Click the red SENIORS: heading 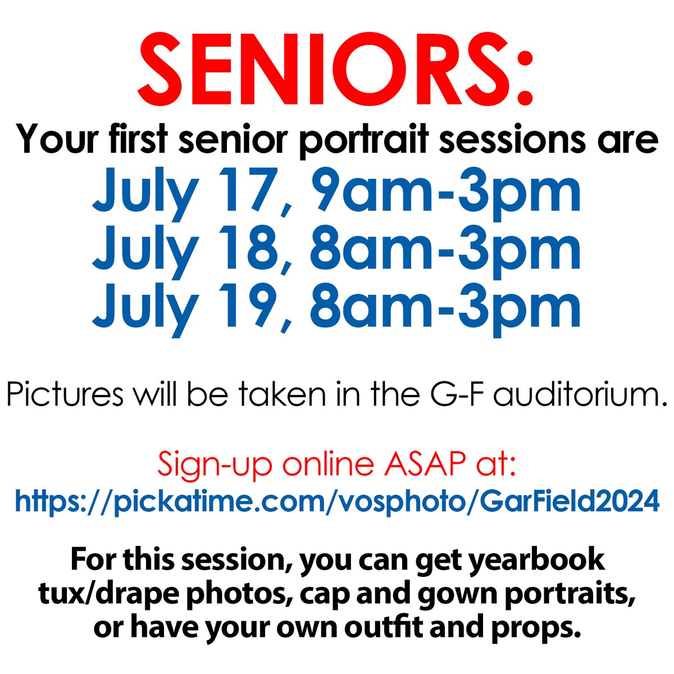coord(335,70)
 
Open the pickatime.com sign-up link coord(337,500)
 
